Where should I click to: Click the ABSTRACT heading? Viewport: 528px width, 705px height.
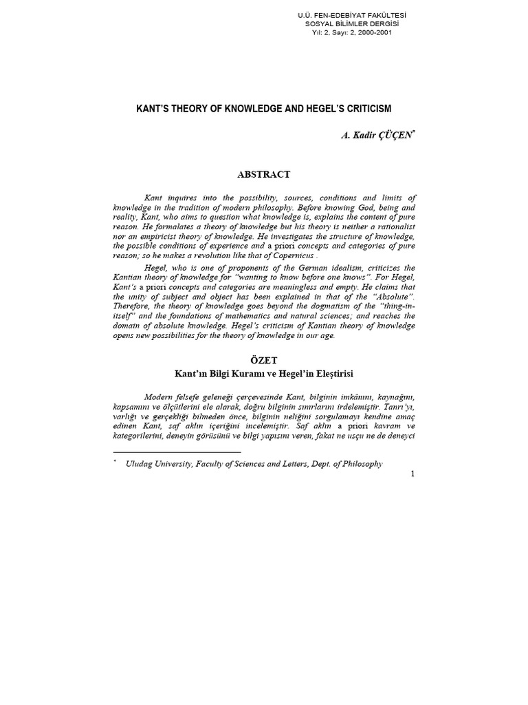coord(263,174)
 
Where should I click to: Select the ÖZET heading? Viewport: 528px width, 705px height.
coord(263,360)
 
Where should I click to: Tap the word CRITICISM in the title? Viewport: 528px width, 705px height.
coord(367,109)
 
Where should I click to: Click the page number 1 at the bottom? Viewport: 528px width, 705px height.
coord(412,474)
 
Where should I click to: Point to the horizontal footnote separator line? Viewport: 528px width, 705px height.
coord(177,452)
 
